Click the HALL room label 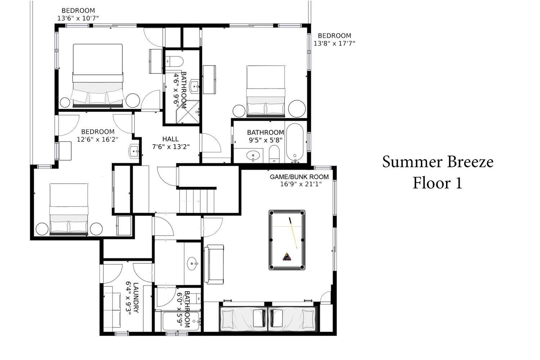(x=170, y=139)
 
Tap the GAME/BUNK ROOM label (x=299, y=177)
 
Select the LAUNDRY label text (x=136, y=298)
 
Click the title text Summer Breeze (x=437, y=162)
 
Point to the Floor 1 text (x=437, y=183)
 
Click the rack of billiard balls (x=287, y=257)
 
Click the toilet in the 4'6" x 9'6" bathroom (x=174, y=62)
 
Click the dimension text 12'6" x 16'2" (x=98, y=139)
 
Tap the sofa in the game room (x=214, y=264)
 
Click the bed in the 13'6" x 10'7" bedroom (x=98, y=76)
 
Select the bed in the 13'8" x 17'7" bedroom (x=266, y=91)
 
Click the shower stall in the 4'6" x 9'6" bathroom (x=188, y=112)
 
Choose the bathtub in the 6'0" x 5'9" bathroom (x=181, y=321)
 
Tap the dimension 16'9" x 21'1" (x=301, y=184)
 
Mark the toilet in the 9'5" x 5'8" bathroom (x=274, y=154)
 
